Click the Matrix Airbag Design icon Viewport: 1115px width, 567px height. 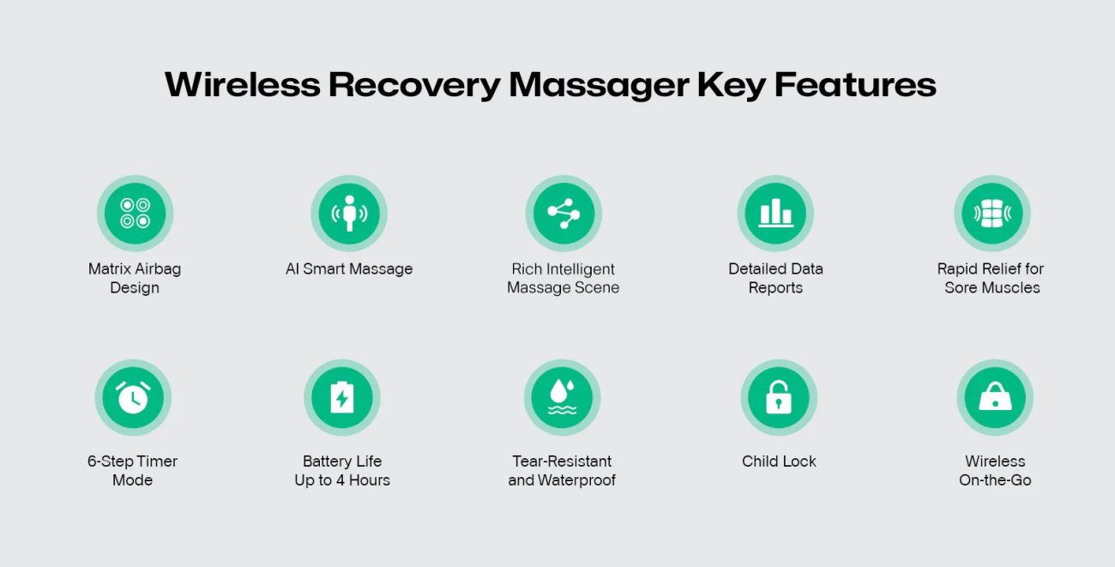pos(135,214)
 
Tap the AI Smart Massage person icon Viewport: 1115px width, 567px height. pos(349,214)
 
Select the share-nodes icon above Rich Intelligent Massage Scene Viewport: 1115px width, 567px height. pos(564,214)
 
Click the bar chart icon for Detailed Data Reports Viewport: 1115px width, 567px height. pos(775,214)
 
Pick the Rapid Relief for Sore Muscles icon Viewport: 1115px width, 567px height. pos(992,214)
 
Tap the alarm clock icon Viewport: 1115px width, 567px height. pos(133,397)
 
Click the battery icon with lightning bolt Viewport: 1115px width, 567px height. pos(341,397)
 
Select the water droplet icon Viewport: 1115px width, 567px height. pos(562,397)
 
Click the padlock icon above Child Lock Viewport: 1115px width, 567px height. pos(779,397)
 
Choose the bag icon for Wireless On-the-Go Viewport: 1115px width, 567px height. pos(995,397)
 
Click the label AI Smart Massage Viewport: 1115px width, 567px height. pos(349,269)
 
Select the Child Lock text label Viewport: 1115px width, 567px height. pos(779,461)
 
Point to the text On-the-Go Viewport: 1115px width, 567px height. pos(995,480)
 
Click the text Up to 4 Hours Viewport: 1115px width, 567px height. pos(342,480)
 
